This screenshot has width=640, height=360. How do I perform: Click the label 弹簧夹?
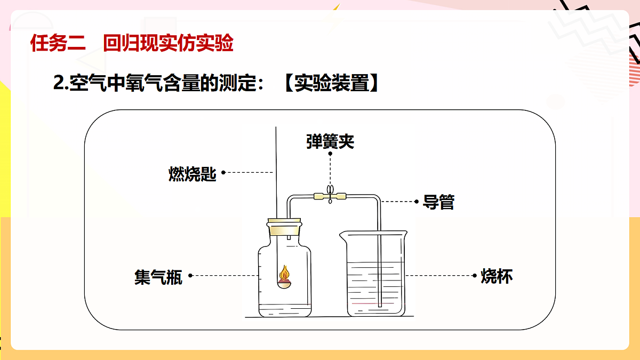(x=330, y=141)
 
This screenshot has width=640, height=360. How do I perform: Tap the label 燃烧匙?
(x=193, y=174)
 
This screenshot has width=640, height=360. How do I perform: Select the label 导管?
(x=438, y=202)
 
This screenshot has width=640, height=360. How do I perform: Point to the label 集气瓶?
(x=158, y=277)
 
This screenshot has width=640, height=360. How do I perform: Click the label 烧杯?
(x=497, y=276)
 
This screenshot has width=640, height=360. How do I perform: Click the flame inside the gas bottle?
(x=285, y=273)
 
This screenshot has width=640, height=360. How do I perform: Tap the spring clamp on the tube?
(x=330, y=195)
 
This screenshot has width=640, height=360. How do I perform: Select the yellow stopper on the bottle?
(x=284, y=227)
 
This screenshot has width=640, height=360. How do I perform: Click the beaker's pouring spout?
(x=343, y=236)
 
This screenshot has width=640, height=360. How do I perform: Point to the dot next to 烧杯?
(x=475, y=276)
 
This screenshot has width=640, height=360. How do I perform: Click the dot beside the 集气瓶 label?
(x=190, y=276)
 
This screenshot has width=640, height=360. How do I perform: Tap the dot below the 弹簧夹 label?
(x=330, y=154)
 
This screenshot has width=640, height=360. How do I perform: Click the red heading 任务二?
(x=58, y=43)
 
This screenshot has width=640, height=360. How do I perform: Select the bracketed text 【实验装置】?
(x=331, y=83)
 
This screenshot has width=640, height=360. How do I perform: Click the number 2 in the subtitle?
(x=58, y=83)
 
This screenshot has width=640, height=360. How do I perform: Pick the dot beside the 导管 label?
(x=417, y=202)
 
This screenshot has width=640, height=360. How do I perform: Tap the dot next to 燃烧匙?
(x=223, y=173)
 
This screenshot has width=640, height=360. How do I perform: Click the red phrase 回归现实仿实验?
(x=169, y=43)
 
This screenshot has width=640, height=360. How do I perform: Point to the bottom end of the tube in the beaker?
(x=380, y=306)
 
